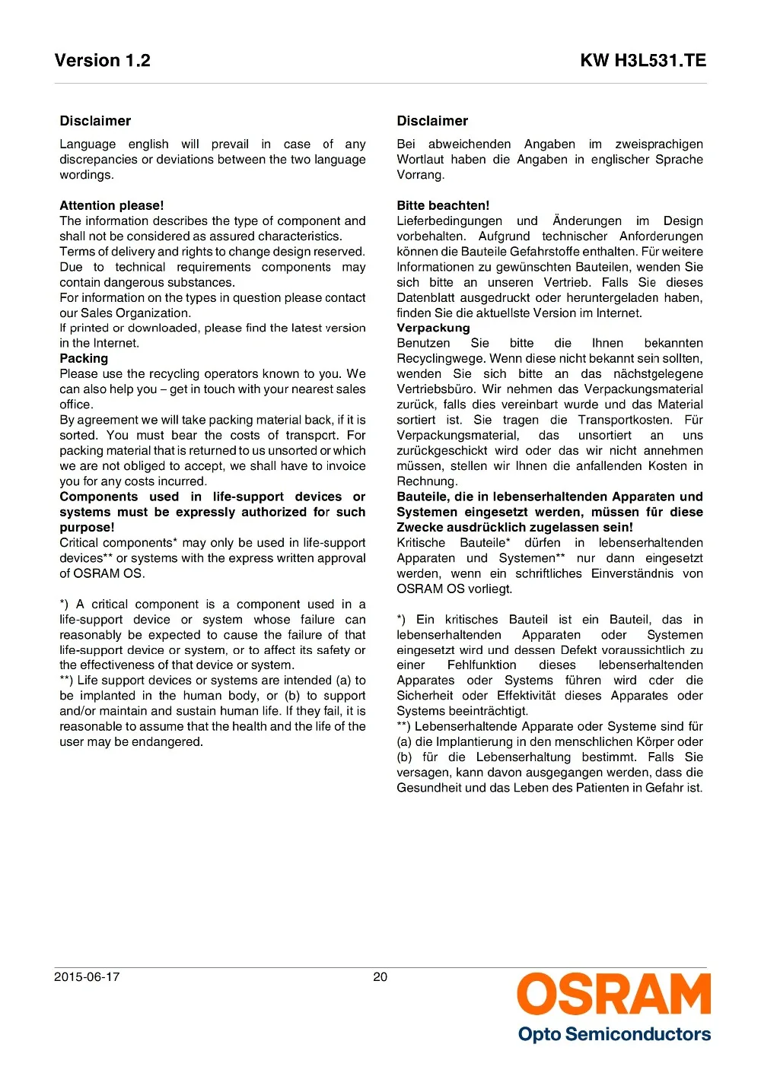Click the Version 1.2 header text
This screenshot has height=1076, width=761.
click(103, 61)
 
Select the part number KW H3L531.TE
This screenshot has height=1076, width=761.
click(643, 61)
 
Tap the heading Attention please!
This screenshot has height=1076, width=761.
click(112, 205)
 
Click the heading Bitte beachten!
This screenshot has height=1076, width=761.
click(443, 205)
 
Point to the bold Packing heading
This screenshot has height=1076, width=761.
click(84, 358)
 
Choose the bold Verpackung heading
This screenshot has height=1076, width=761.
click(433, 328)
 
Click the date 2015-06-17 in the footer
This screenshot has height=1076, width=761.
click(87, 977)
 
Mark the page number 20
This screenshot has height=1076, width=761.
click(380, 977)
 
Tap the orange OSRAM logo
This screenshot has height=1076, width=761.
click(614, 995)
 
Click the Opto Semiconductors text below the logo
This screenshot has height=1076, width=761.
click(614, 1034)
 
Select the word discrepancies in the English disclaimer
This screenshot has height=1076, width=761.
click(98, 160)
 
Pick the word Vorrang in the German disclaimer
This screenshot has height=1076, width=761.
click(419, 175)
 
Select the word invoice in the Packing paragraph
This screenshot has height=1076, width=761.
click(346, 466)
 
